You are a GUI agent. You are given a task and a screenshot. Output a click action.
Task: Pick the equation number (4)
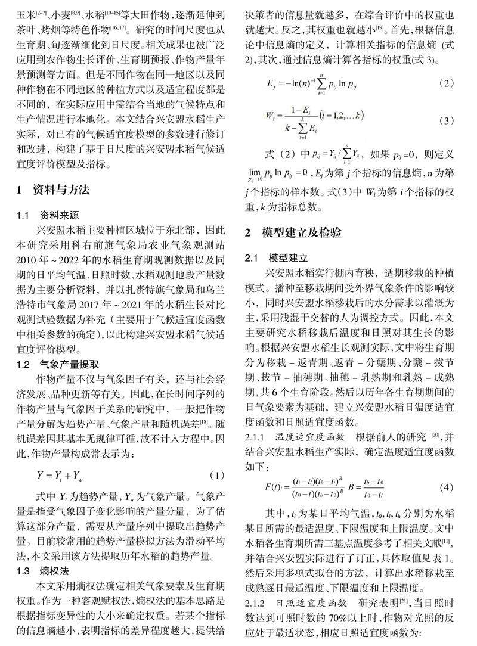pyautogui.click(x=446, y=487)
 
